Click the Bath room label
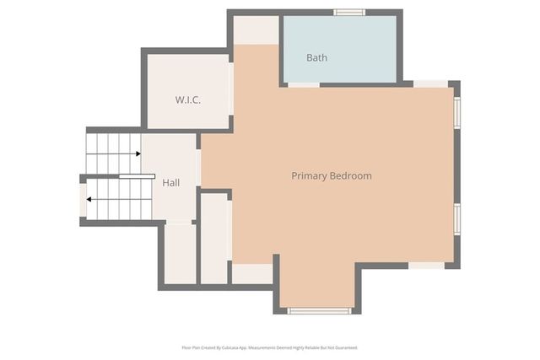[316, 58]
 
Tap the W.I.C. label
[187, 99]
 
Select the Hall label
[171, 182]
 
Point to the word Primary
[308, 176]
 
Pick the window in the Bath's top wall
[348, 13]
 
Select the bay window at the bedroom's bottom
[319, 311]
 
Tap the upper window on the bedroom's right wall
[457, 112]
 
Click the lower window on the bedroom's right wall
[457, 218]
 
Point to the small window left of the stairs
[83, 201]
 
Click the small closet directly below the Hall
[179, 253]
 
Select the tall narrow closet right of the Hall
[214, 239]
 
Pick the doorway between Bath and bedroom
[304, 84]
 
